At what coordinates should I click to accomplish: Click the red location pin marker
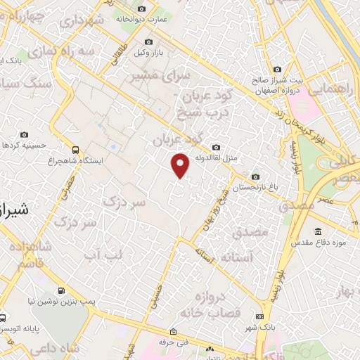tap(181, 165)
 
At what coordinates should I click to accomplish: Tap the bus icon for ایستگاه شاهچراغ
tap(75, 149)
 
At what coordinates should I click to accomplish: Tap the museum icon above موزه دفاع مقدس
tap(318, 231)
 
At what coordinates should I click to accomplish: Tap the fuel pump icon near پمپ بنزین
tap(61, 290)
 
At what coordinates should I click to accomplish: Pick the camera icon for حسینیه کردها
tap(25, 134)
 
